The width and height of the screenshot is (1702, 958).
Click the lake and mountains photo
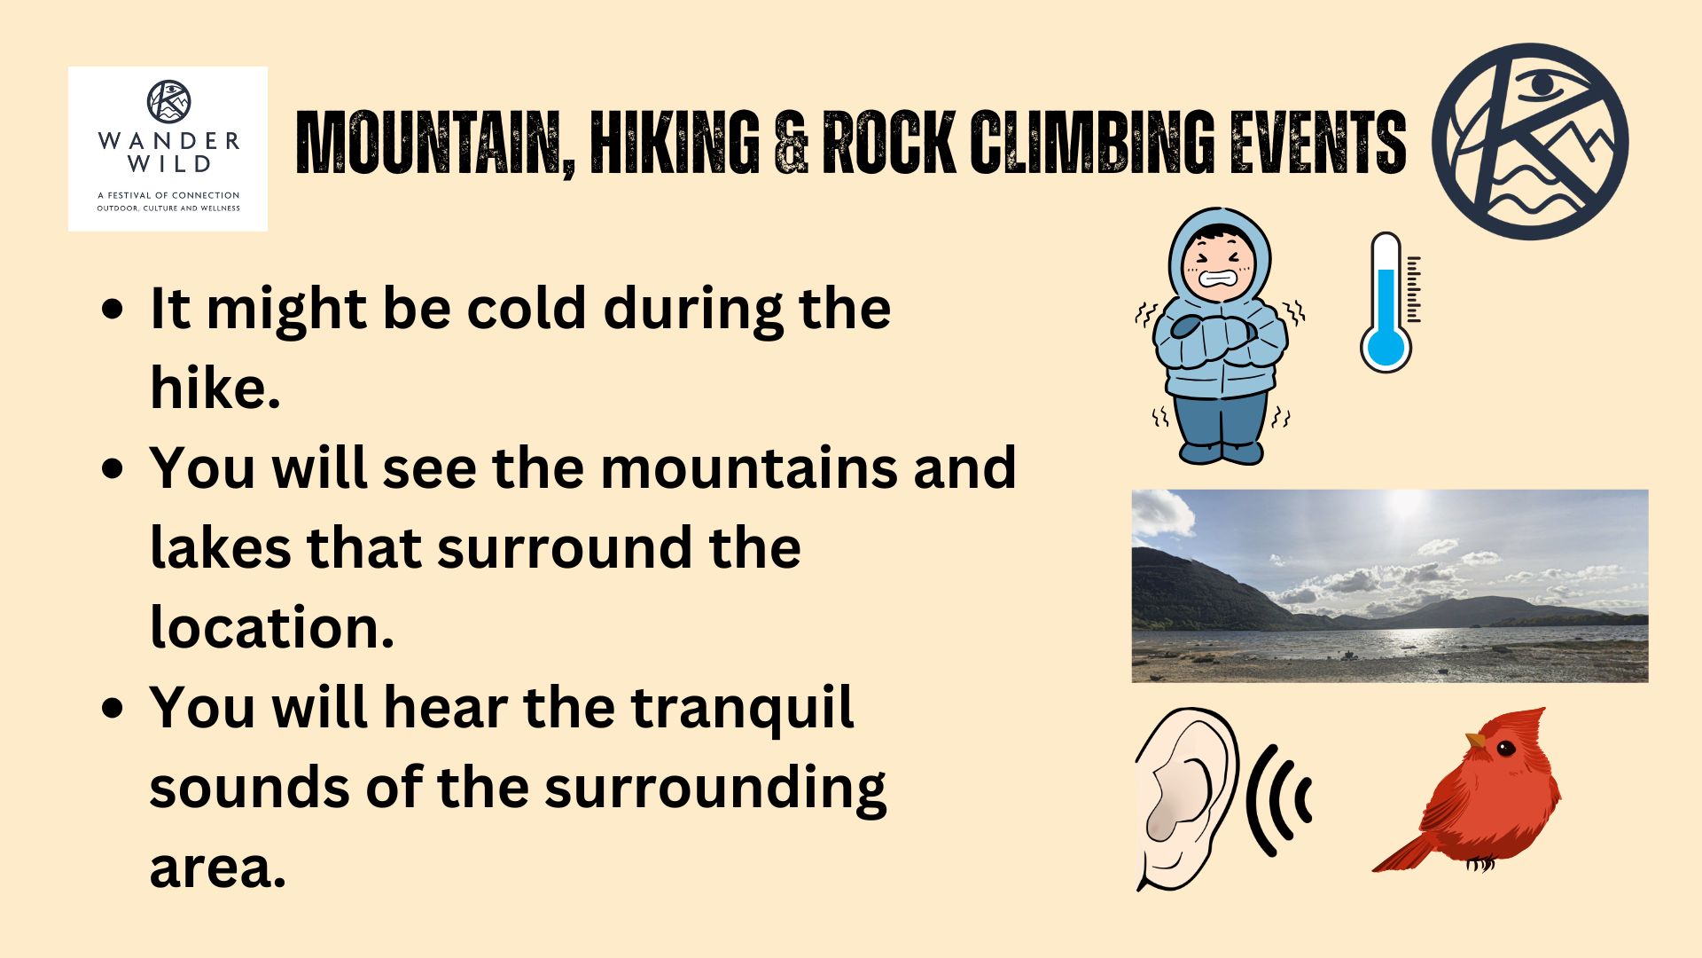(x=1390, y=585)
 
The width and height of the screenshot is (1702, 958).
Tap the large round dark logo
(x=1531, y=142)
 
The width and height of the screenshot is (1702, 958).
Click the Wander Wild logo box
(x=168, y=149)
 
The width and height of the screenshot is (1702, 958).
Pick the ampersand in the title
(x=791, y=142)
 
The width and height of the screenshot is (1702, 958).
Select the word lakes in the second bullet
(x=221, y=547)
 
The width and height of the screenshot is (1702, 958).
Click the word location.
(x=272, y=627)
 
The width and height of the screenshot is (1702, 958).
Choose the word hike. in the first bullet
(x=215, y=388)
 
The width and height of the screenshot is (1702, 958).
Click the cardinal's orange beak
(x=1474, y=740)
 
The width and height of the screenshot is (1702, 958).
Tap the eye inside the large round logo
(x=1543, y=85)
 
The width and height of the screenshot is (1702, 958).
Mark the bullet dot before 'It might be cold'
(x=113, y=310)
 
